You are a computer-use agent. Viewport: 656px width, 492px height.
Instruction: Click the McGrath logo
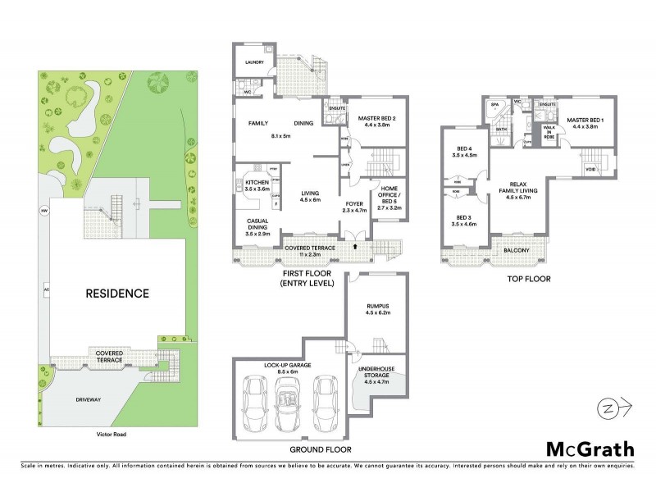click(590, 448)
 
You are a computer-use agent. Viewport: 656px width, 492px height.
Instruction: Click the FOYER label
click(354, 203)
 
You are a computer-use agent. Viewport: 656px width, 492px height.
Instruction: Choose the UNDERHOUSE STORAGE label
click(377, 372)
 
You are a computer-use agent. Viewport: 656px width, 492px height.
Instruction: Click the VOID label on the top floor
click(589, 171)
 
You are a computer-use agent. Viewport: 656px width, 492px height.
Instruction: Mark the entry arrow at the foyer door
click(355, 244)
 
